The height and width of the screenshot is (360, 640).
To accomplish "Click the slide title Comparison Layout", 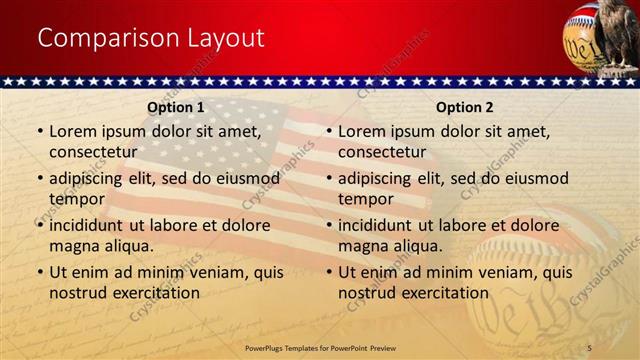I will pyautogui.click(x=151, y=38).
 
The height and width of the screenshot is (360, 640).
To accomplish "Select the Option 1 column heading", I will pyautogui.click(x=176, y=107).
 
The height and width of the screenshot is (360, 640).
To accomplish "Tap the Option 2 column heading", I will pyautogui.click(x=465, y=107).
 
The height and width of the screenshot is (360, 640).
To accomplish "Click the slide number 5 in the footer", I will pyautogui.click(x=590, y=346).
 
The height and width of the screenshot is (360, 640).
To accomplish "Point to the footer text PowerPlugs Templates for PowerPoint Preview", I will pyautogui.click(x=319, y=346).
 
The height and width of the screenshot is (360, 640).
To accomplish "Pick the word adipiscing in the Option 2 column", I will pyautogui.click(x=375, y=178).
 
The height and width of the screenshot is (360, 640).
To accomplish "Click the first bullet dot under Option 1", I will pyautogui.click(x=40, y=132).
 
